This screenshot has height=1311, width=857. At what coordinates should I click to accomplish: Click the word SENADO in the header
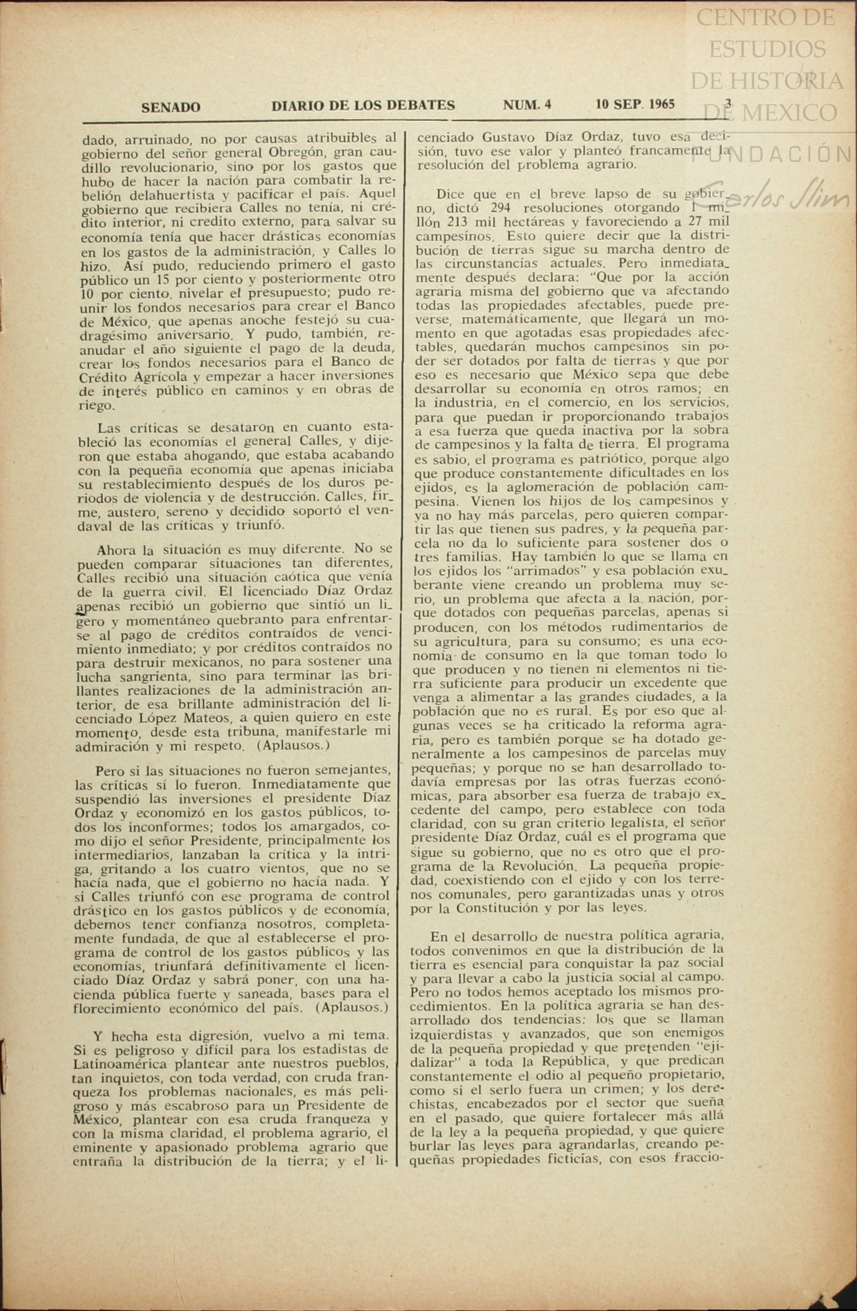coord(170,107)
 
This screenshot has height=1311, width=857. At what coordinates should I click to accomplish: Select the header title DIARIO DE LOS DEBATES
coord(363,105)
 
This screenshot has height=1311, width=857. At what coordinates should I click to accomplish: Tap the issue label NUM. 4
coord(527,105)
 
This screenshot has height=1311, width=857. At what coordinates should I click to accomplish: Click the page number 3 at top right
coord(728,103)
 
